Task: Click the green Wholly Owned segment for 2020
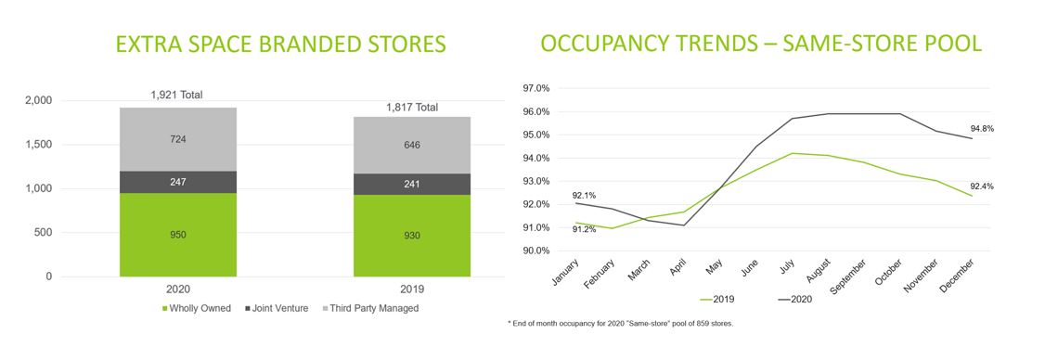point(178,235)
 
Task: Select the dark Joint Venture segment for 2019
point(412,184)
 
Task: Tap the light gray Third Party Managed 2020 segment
point(178,139)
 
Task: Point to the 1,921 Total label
point(177,96)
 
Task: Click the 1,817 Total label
point(412,107)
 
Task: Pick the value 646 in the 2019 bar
point(412,145)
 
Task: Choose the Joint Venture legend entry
point(277,309)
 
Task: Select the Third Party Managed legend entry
point(371,309)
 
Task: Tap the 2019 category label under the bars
point(412,289)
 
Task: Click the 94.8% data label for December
point(981,129)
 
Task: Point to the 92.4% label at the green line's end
point(981,186)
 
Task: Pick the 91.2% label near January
point(584,230)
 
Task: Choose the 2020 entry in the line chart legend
point(794,300)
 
